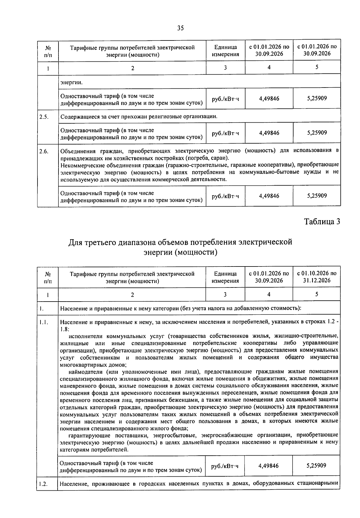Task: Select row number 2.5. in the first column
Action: point(44,117)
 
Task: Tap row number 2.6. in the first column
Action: point(44,151)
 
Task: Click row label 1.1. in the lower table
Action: point(44,322)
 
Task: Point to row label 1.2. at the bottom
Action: point(44,484)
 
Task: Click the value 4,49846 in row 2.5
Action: point(269,133)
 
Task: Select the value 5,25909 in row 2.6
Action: point(317,196)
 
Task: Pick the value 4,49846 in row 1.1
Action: point(268,466)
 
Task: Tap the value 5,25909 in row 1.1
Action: point(316,466)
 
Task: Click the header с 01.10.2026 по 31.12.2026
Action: point(316,277)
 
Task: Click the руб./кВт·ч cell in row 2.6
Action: point(225,196)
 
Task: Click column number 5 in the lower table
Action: point(316,294)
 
